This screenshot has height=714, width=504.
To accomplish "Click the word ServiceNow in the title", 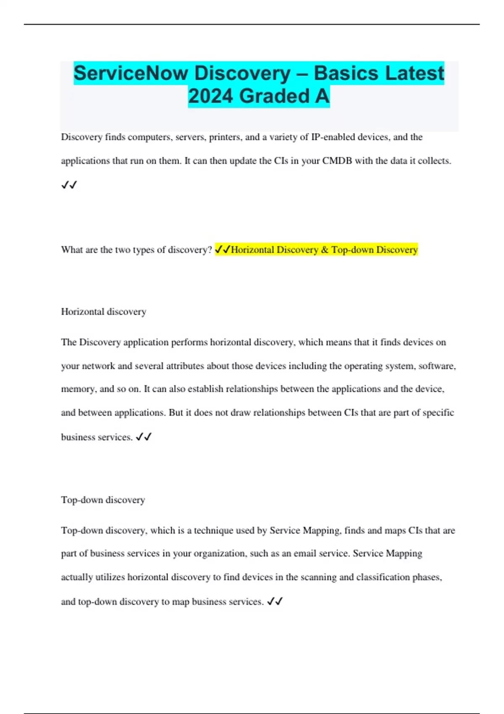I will coord(131,73).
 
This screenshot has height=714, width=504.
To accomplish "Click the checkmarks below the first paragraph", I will coord(69,185).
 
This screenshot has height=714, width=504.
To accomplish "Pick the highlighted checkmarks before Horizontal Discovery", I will coord(223,250).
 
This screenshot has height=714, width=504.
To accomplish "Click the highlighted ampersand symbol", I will coord(325,250).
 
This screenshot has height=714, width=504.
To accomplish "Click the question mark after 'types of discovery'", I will coord(210,250).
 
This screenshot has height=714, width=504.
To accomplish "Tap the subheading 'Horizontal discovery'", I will coord(104,312).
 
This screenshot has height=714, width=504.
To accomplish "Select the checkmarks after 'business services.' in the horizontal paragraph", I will coord(144,437).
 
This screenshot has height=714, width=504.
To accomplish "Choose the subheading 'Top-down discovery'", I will coord(103,500).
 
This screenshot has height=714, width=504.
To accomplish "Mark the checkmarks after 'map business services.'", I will coord(275,602).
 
